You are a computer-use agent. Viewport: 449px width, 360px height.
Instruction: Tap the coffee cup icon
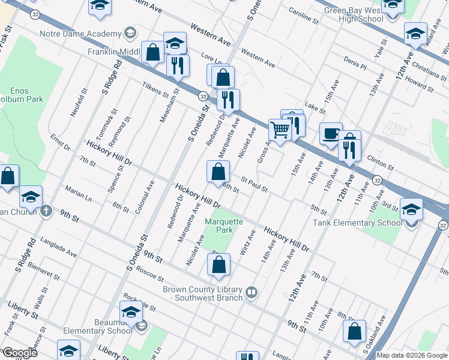pyautogui.click(x=330, y=134)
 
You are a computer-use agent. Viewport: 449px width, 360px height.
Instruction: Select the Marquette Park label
pyautogui.click(x=224, y=226)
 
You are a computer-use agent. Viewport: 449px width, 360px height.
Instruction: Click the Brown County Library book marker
pyautogui.click(x=252, y=293)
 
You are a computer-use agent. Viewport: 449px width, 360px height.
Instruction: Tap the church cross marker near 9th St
pyautogui.click(x=46, y=211)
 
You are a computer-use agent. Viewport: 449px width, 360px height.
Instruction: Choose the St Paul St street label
pyautogui.click(x=254, y=184)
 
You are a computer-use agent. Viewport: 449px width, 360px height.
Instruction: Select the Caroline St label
pyautogui.click(x=303, y=16)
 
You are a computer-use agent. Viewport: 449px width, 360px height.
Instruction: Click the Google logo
pyautogui.click(x=20, y=353)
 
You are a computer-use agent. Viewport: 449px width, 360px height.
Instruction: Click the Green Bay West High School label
pyautogui.click(x=354, y=14)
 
